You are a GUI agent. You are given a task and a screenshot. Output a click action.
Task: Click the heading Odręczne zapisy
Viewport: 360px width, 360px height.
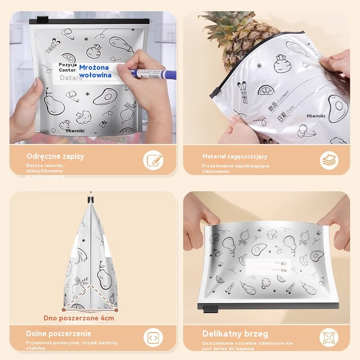(55, 157)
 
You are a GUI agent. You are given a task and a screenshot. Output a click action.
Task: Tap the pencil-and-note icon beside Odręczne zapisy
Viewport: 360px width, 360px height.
(153, 160)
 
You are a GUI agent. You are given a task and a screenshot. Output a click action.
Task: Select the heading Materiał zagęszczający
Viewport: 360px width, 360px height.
(234, 157)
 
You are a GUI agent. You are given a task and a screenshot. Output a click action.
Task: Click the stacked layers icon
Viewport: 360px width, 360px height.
(329, 160)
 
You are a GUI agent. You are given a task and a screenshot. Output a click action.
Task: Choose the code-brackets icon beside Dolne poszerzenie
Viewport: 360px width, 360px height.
(153, 337)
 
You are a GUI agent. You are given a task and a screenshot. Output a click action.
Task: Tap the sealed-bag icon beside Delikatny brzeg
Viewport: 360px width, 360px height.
(329, 337)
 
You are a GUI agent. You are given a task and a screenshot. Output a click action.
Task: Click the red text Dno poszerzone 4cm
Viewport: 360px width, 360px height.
(79, 318)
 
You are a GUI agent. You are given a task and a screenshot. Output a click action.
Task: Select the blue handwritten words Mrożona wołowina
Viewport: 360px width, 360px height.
(95, 71)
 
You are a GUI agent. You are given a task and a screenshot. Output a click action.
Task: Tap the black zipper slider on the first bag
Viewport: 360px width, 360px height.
(42, 20)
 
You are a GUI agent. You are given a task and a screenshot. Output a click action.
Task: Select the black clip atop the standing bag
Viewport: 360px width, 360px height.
(91, 197)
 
